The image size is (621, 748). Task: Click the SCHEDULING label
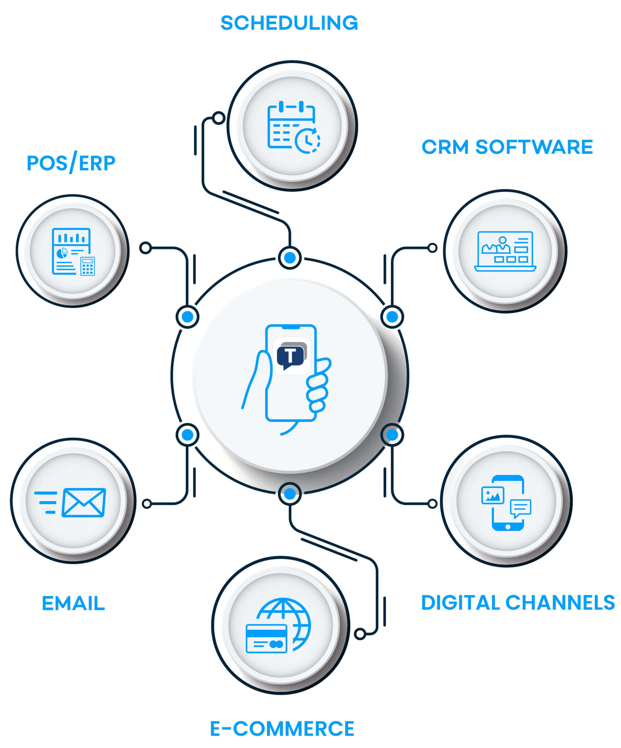click(289, 23)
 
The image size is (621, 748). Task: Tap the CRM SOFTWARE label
click(507, 147)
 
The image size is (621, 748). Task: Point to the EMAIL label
click(73, 604)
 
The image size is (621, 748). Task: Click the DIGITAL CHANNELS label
click(518, 603)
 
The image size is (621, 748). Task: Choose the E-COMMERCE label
click(282, 729)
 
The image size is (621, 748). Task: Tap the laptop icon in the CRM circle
click(505, 251)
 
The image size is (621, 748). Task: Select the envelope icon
click(84, 502)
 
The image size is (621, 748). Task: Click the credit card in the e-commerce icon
click(266, 639)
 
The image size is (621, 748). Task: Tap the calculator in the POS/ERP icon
click(88, 266)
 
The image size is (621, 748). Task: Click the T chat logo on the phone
click(291, 356)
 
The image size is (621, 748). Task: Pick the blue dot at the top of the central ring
click(290, 257)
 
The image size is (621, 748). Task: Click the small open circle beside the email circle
click(147, 503)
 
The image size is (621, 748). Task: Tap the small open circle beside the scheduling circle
click(219, 118)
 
